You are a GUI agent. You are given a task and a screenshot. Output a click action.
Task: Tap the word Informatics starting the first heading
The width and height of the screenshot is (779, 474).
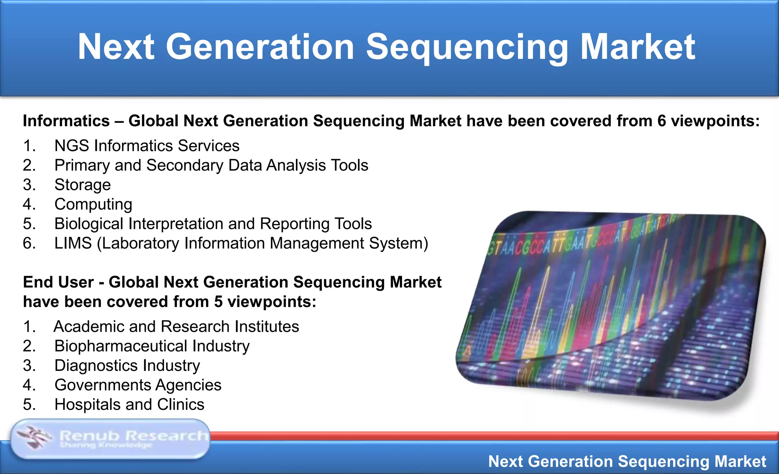(66, 121)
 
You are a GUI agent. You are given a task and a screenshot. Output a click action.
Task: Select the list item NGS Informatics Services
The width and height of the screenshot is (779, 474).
(147, 146)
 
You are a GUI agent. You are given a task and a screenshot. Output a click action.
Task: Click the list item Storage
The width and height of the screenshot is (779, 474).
(83, 185)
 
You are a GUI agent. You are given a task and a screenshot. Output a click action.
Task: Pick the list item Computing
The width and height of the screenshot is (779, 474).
(93, 204)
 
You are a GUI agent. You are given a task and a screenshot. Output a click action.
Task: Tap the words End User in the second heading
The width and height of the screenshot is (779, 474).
(58, 282)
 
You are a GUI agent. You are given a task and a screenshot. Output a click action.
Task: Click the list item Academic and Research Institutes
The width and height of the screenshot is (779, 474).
(176, 327)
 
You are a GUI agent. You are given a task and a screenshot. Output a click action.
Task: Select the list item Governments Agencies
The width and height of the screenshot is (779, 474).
(138, 385)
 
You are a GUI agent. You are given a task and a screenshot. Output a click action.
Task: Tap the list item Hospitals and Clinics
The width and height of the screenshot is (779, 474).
(129, 404)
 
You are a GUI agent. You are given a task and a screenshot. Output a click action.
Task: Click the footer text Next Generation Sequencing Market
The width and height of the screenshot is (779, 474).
(627, 461)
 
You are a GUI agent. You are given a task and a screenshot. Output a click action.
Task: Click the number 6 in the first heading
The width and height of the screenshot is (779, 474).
(661, 121)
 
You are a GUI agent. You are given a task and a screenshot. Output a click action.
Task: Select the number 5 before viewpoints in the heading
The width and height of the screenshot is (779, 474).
(218, 302)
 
